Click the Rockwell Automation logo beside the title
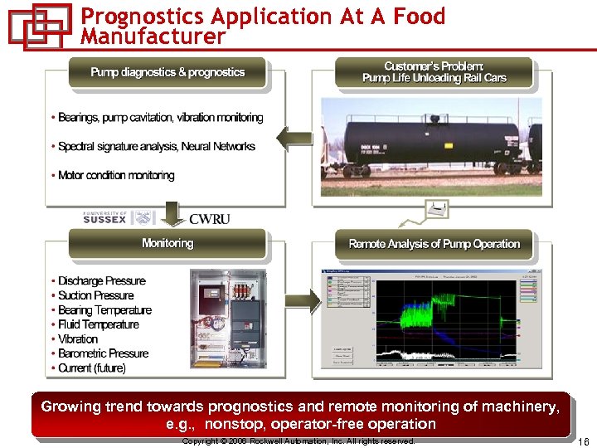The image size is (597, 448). click(x=39, y=25)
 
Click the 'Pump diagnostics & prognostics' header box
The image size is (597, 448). click(x=167, y=73)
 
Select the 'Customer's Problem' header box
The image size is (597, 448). click(x=434, y=73)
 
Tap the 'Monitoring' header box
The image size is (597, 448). click(x=167, y=244)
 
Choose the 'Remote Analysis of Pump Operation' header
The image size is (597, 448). click(x=434, y=244)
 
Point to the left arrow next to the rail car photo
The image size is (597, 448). click(x=294, y=139)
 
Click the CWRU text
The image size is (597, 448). click(x=209, y=219)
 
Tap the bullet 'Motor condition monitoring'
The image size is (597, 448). click(x=116, y=176)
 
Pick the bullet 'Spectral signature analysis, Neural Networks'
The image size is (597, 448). click(x=156, y=147)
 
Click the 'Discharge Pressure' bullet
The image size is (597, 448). click(x=101, y=281)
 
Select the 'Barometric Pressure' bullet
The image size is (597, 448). click(x=103, y=353)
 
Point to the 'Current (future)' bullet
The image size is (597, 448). click(x=91, y=368)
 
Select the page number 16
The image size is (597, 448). click(x=583, y=441)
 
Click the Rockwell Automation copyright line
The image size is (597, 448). click(x=298, y=441)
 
